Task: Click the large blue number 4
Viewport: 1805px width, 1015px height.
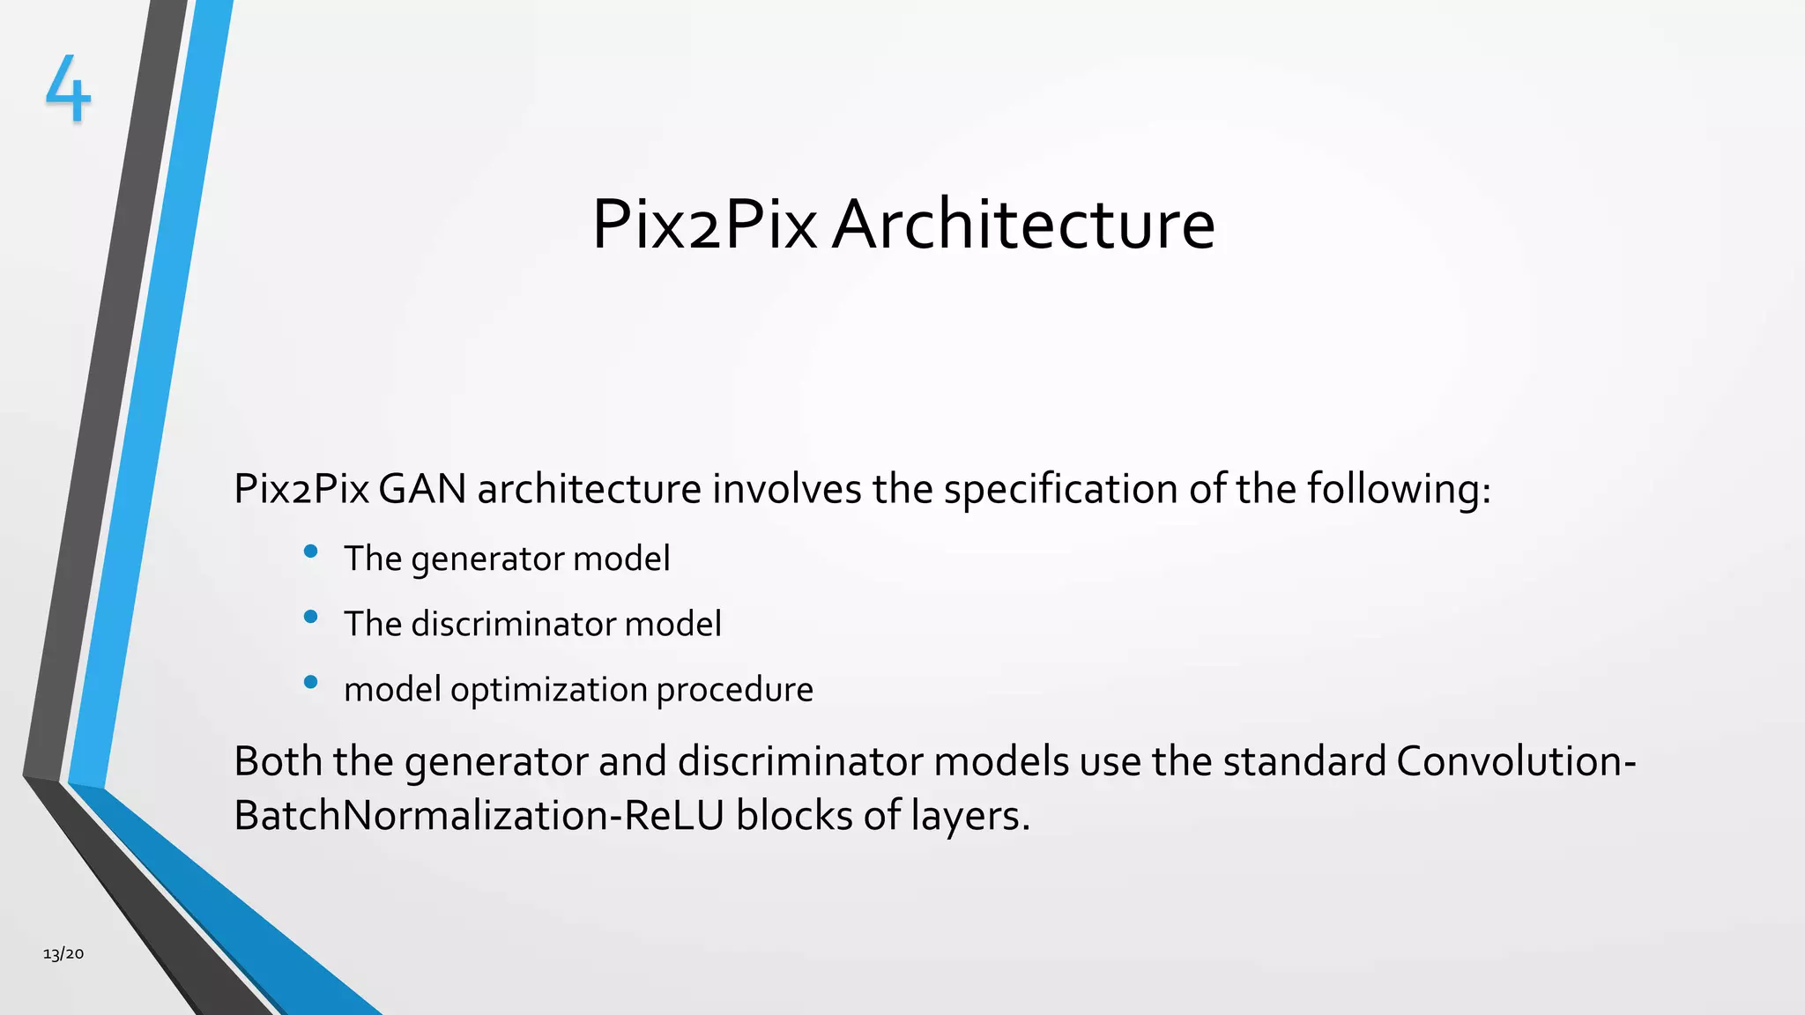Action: (x=68, y=88)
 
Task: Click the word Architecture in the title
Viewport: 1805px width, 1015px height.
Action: (x=1023, y=225)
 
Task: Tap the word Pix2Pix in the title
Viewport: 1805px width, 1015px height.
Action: (x=704, y=225)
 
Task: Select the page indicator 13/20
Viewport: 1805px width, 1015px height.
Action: (x=63, y=953)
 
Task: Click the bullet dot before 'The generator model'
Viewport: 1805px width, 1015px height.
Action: (x=310, y=552)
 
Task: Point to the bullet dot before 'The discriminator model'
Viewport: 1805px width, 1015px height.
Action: (x=310, y=617)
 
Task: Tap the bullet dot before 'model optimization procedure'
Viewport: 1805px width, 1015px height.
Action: (x=310, y=682)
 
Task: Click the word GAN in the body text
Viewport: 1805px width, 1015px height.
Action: (x=422, y=489)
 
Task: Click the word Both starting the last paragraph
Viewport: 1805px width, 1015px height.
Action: (x=278, y=761)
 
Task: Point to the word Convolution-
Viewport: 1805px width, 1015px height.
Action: (x=1516, y=761)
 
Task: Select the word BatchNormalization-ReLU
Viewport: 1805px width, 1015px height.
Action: (x=479, y=816)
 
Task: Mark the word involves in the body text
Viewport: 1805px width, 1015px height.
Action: (x=787, y=489)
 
